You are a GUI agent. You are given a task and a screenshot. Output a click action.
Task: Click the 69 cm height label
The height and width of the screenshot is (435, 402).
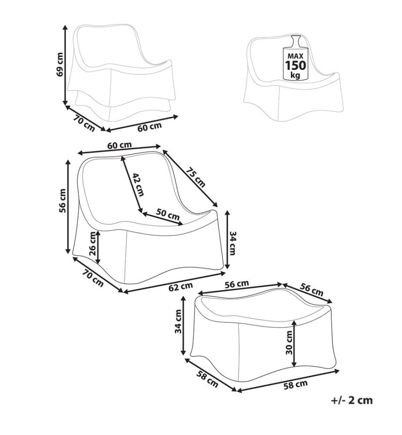pos(60,64)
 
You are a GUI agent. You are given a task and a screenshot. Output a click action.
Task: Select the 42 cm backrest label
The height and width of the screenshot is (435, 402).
pos(138,184)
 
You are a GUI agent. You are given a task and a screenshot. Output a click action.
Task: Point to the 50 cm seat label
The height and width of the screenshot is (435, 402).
pos(167,214)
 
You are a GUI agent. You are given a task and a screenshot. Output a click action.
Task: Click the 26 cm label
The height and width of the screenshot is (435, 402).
pos(93,244)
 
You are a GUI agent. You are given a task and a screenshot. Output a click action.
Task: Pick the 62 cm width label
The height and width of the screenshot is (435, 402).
pos(181,287)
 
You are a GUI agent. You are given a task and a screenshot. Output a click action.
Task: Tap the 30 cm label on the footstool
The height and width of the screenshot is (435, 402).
pos(289,342)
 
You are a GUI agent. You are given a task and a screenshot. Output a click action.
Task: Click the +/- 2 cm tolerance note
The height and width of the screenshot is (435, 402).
pos(352,400)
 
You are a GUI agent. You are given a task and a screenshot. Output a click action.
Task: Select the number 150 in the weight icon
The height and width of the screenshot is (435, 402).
pos(296,65)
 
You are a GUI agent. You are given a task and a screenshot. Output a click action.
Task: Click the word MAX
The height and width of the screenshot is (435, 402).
pos(295,56)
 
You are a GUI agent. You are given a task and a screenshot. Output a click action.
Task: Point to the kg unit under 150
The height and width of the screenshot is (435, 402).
pos(295,75)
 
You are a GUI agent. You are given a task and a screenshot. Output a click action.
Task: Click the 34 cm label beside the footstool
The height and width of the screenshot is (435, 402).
pos(178,321)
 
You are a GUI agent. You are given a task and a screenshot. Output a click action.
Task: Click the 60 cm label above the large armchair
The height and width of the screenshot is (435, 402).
pos(119,145)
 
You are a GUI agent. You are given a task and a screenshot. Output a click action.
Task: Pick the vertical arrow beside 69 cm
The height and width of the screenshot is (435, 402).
pos(65,65)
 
